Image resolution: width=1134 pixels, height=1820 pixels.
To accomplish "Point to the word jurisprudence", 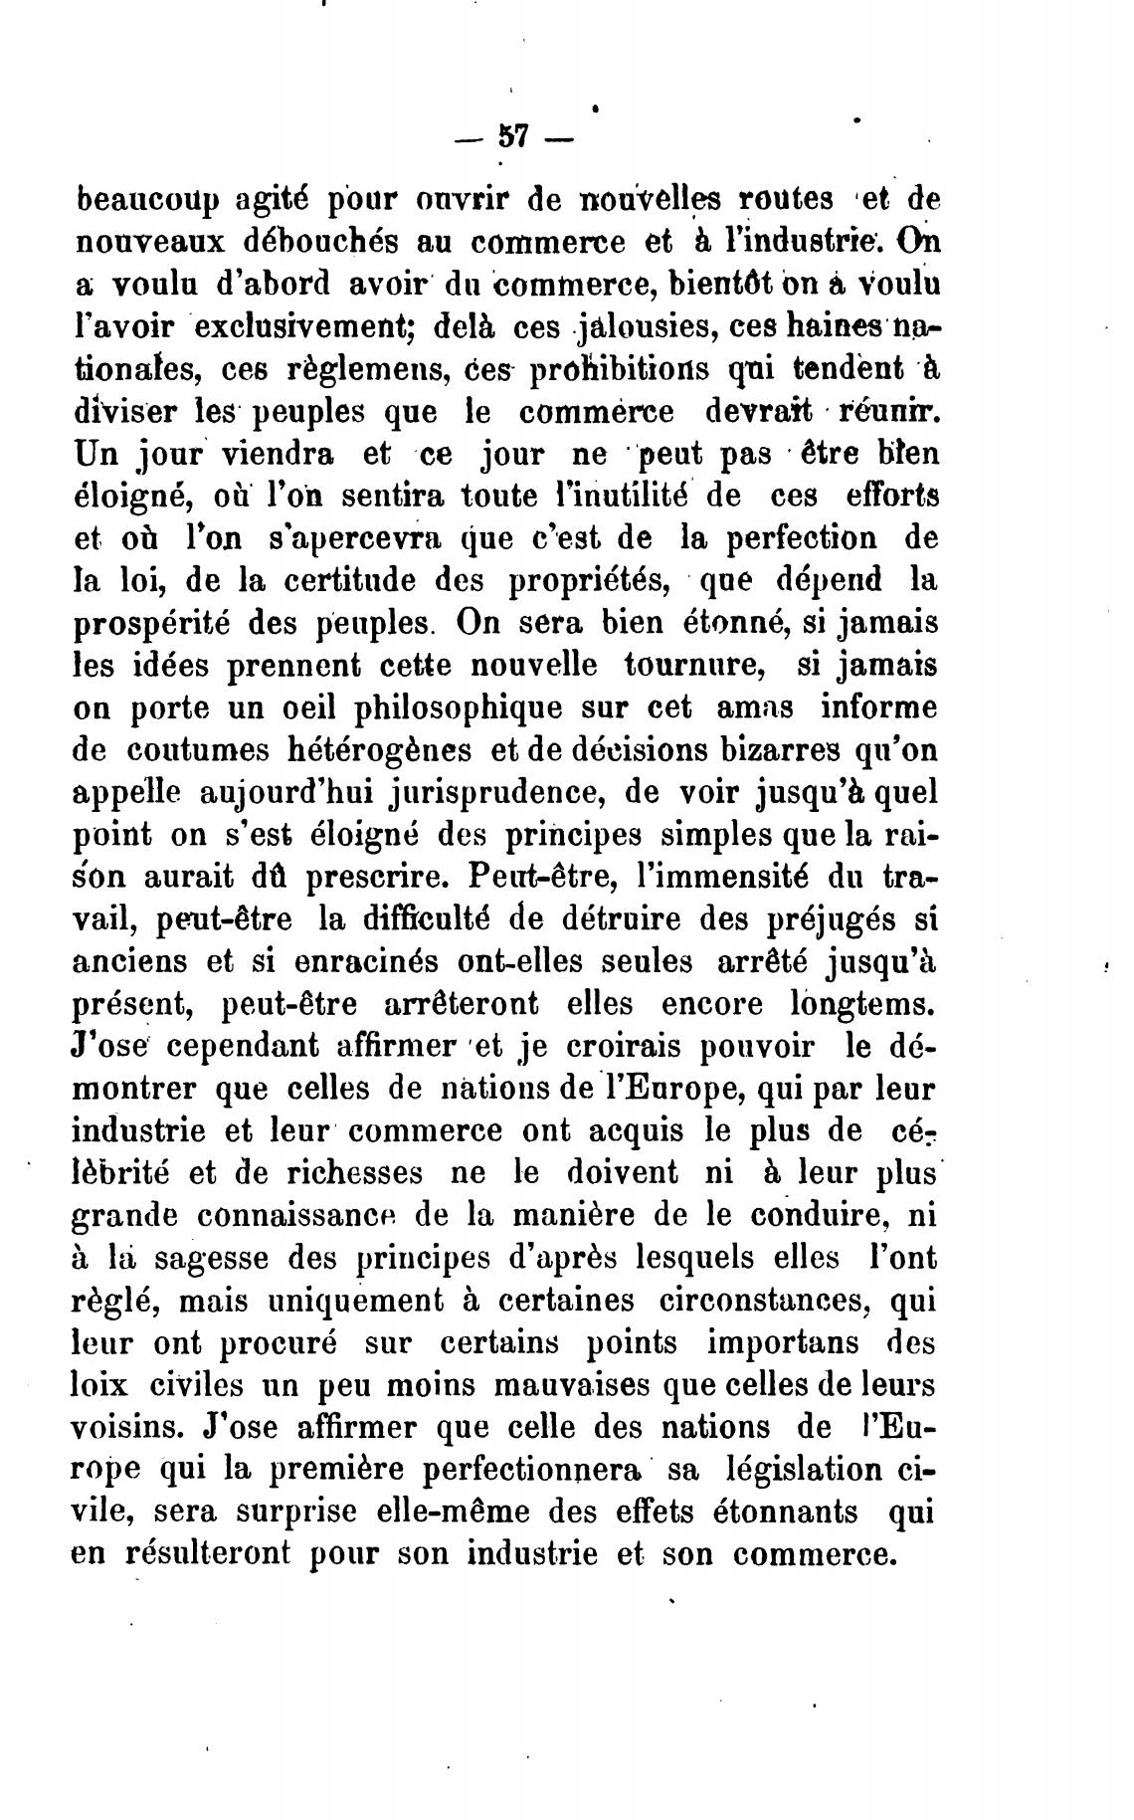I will [x=399, y=793].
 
